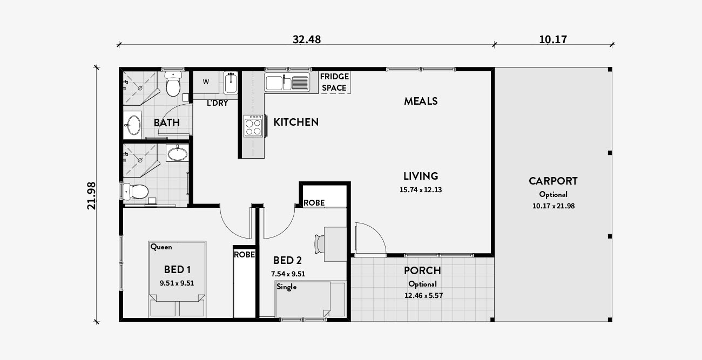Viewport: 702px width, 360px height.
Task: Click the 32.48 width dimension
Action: coord(307,39)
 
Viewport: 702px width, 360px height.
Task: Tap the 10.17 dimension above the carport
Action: coord(553,39)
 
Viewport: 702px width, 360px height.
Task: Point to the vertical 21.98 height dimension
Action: coord(91,196)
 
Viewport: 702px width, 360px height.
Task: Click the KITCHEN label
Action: coord(296,122)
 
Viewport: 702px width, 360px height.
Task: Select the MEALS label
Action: coord(421,101)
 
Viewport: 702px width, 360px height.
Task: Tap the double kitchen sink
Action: coord(287,83)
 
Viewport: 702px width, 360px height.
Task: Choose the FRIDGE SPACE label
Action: coord(334,83)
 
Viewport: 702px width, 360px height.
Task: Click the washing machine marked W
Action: coord(206,82)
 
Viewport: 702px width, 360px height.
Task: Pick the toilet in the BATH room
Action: coord(173,83)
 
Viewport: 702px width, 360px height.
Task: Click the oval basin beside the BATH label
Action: coord(133,125)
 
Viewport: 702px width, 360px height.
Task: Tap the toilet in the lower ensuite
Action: coord(136,191)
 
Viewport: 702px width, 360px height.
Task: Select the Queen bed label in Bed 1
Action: coord(161,247)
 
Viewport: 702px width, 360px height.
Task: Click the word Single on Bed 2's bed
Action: coord(286,287)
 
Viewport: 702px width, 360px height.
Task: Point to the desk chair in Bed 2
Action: coord(320,244)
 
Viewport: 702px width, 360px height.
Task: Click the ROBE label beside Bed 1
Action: coord(244,255)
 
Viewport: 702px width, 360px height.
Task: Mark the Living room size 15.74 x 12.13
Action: coord(421,189)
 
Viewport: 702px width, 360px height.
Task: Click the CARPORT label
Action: coord(553,181)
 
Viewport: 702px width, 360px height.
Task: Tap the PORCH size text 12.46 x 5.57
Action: coord(423,295)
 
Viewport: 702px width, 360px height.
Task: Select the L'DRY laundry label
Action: coord(217,103)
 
